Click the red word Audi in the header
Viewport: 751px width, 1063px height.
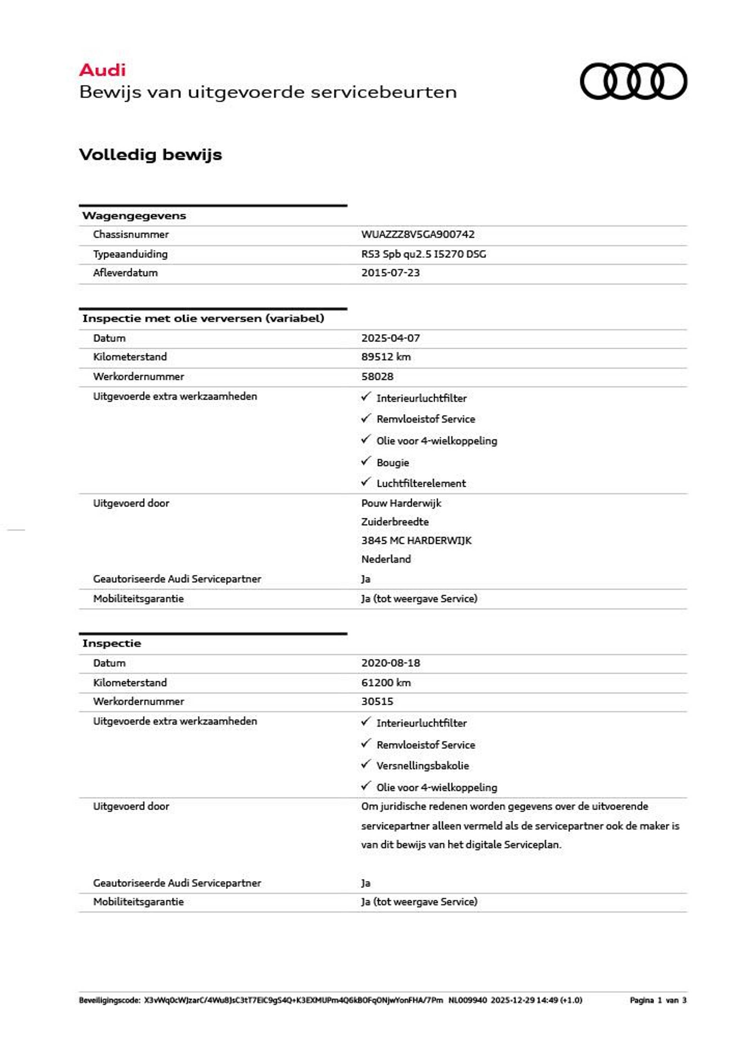click(x=102, y=70)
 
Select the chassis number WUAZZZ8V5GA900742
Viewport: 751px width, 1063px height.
click(x=417, y=234)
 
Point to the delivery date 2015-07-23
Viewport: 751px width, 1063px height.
click(x=390, y=273)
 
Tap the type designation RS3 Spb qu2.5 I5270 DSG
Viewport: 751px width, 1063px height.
click(x=423, y=254)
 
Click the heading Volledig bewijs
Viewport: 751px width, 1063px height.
click(x=150, y=155)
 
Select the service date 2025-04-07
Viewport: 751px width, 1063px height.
click(x=390, y=338)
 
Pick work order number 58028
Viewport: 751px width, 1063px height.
click(x=377, y=377)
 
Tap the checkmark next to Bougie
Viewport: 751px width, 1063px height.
click(x=366, y=461)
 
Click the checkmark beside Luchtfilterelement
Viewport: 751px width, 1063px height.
click(x=366, y=482)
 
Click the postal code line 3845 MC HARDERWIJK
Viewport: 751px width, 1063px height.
click(x=416, y=540)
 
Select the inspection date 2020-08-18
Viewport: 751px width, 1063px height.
click(x=390, y=663)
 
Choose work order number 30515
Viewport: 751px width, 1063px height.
click(x=377, y=701)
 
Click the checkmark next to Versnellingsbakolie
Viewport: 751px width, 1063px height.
click(x=366, y=764)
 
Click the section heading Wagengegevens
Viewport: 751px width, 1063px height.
click(x=134, y=216)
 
